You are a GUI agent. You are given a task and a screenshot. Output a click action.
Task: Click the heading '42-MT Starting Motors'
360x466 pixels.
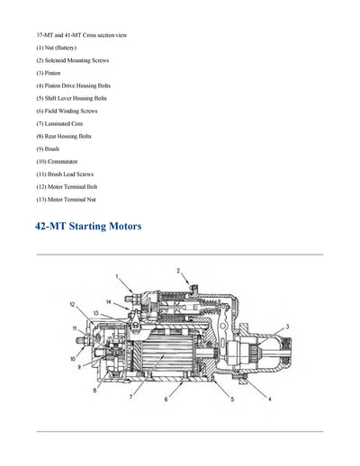click(88, 226)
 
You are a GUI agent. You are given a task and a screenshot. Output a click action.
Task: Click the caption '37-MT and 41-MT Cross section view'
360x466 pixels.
click(81, 34)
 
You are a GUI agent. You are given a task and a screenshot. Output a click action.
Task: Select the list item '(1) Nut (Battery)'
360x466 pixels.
click(56, 47)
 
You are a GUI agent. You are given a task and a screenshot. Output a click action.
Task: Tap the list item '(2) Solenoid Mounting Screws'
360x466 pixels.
click(72, 59)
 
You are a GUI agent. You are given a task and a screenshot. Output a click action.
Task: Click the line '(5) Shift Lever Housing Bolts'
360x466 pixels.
click(71, 98)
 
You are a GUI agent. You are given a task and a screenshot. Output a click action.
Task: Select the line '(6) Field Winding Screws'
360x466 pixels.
click(67, 111)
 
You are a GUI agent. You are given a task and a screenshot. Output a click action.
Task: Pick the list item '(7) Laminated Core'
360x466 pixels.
click(59, 123)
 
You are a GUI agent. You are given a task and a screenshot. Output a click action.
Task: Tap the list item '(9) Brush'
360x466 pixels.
click(48, 148)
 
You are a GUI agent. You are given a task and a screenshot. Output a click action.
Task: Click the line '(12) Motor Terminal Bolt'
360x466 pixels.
click(67, 186)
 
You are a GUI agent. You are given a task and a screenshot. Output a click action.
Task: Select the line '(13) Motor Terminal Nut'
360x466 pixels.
click(66, 199)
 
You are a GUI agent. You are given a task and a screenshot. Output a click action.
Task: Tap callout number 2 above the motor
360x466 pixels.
click(177, 270)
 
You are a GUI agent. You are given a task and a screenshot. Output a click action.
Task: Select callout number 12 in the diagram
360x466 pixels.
click(73, 304)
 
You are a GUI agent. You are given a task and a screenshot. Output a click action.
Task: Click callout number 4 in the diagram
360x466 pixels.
click(270, 398)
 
